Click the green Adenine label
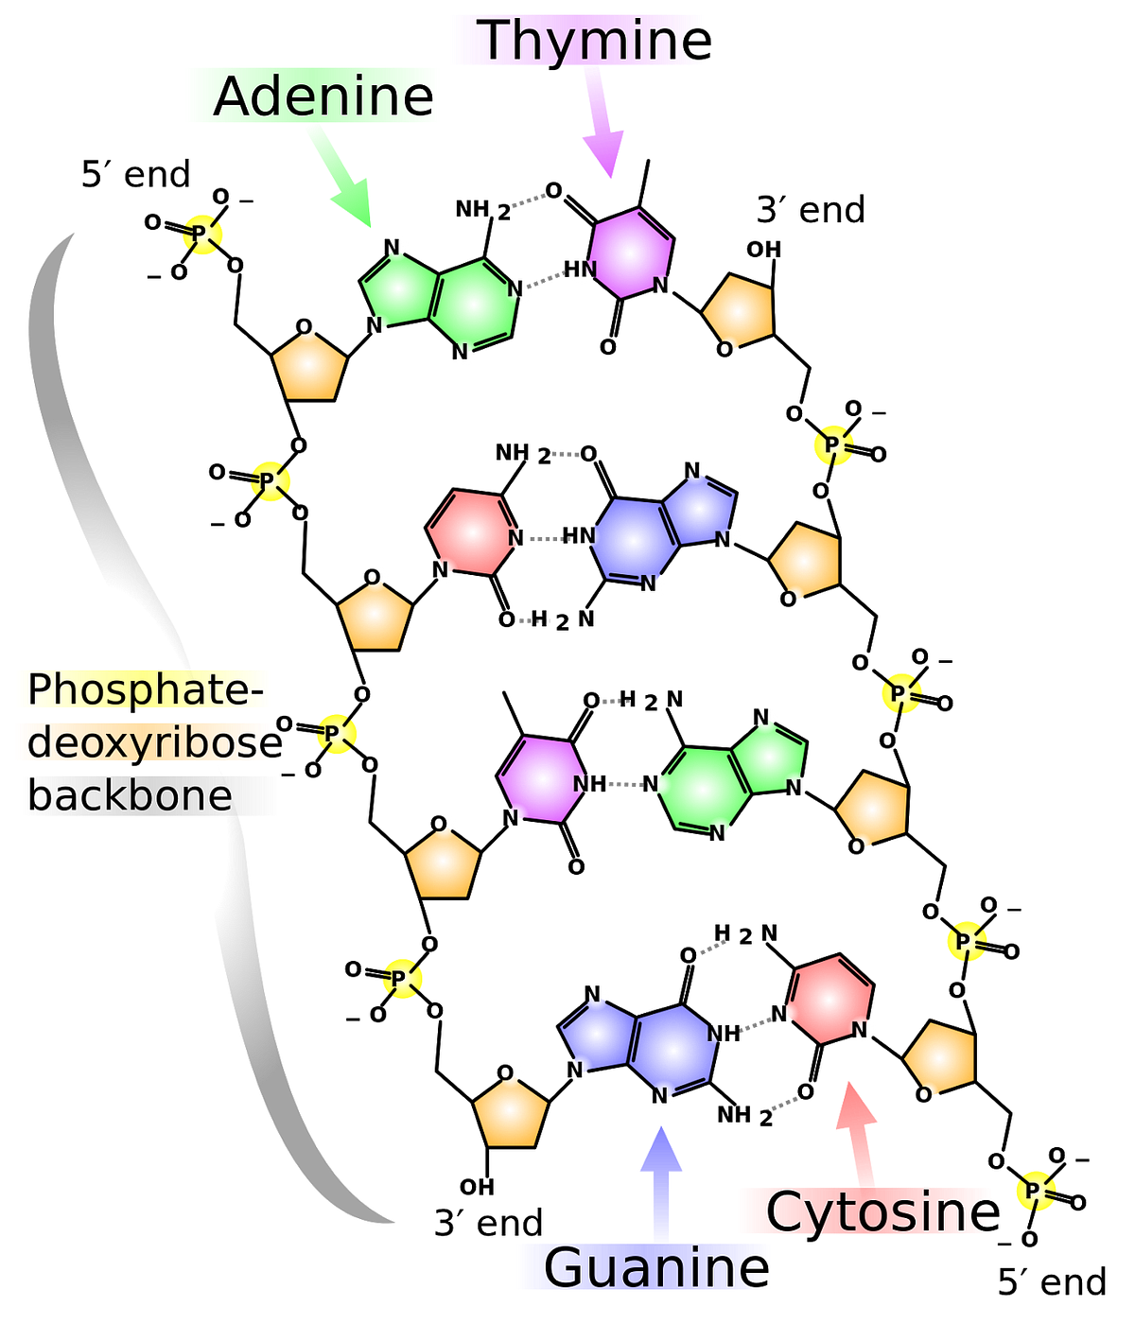(x=313, y=96)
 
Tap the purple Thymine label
(x=578, y=40)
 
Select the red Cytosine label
(x=864, y=1211)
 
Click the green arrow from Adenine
(x=340, y=176)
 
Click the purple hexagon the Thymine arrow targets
(x=630, y=253)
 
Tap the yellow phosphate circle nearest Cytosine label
(x=1036, y=1191)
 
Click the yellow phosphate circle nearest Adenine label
(x=202, y=235)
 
